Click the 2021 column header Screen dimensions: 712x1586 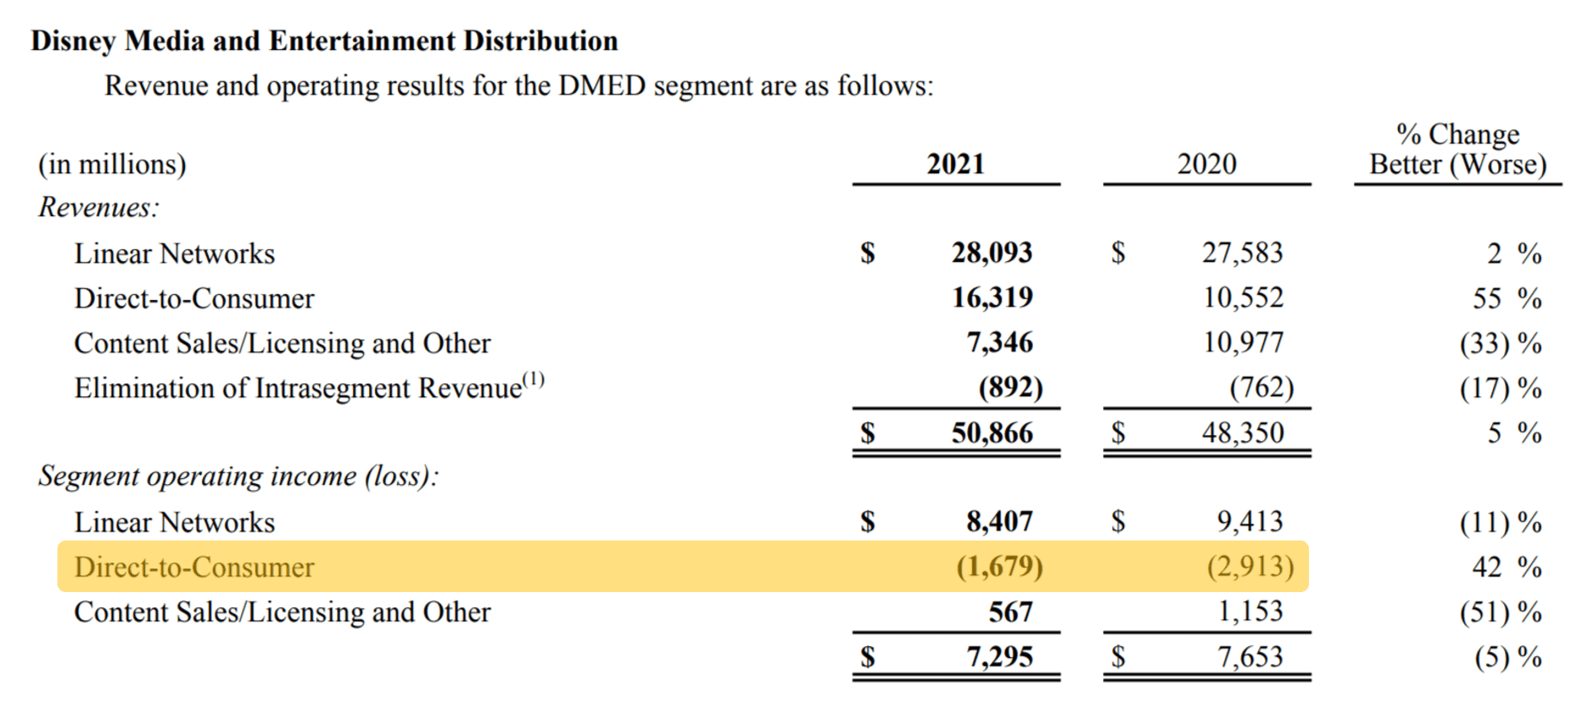[955, 163]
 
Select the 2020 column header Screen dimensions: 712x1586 [1206, 163]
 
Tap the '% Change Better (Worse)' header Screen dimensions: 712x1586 [1458, 149]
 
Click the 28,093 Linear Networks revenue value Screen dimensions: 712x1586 [991, 253]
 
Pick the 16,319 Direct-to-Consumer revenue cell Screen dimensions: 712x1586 [992, 297]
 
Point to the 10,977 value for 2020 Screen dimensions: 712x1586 [1242, 342]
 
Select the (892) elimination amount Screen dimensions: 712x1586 [1010, 387]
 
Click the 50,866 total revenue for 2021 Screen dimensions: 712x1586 [991, 432]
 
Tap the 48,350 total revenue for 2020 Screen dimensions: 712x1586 [1242, 432]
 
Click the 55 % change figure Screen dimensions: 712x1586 [1507, 298]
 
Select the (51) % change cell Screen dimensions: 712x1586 [1500, 612]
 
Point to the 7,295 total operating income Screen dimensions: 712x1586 [999, 656]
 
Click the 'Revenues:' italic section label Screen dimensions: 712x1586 [98, 207]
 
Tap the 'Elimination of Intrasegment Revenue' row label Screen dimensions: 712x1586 [297, 388]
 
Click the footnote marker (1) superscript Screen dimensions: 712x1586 [534, 379]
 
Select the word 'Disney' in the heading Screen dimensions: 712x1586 [73, 41]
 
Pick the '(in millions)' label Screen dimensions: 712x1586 [111, 164]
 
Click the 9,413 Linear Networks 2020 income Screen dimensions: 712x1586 [1249, 521]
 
